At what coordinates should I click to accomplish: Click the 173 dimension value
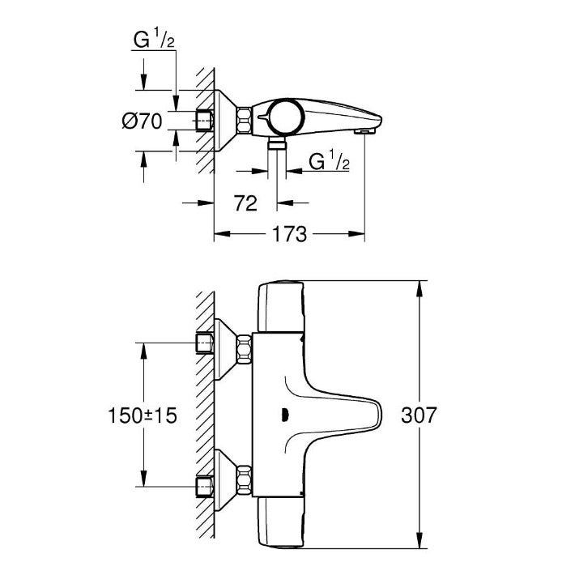click(289, 234)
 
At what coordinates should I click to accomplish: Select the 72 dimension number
click(245, 203)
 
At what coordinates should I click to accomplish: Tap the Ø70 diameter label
click(142, 121)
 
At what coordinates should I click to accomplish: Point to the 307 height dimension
click(419, 415)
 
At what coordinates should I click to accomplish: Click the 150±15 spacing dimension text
click(143, 415)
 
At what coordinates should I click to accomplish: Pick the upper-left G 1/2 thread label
click(154, 40)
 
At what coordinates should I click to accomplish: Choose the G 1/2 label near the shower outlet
click(329, 161)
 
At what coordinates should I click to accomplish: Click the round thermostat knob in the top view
click(286, 117)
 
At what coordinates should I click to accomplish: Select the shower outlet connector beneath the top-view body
click(277, 143)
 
